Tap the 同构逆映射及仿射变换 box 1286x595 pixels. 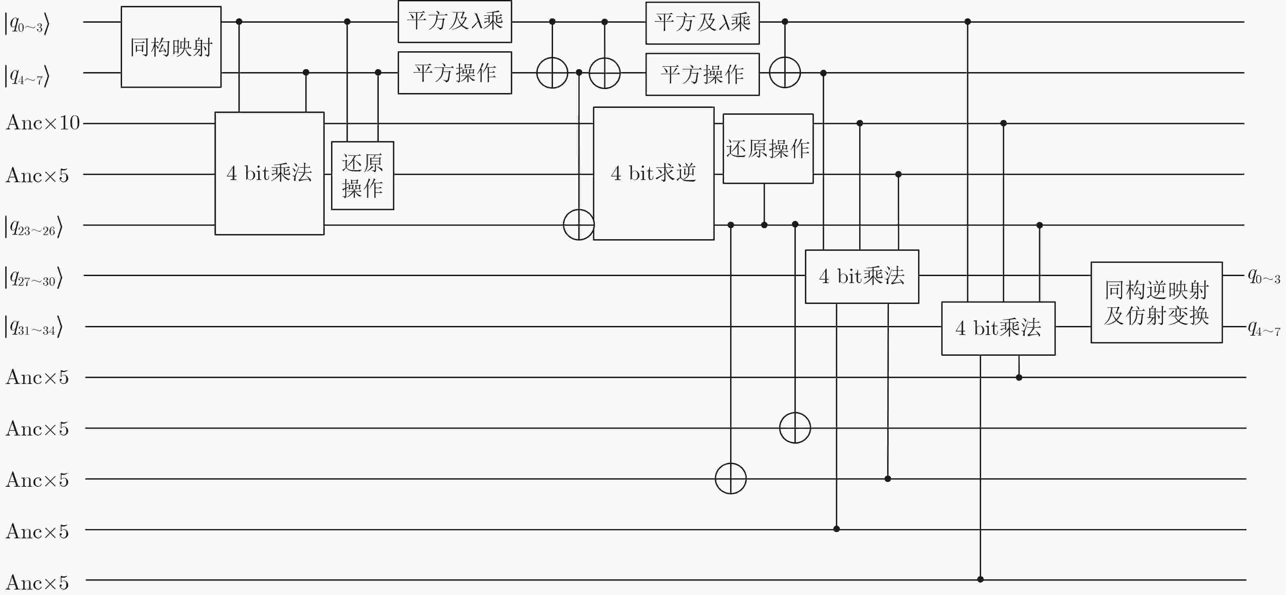(x=1156, y=303)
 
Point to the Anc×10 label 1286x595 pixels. (x=43, y=123)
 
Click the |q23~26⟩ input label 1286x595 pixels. (x=33, y=227)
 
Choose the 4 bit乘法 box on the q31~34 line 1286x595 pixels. (x=998, y=328)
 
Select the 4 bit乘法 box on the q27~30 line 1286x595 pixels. (x=862, y=276)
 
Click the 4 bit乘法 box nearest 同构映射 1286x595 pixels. (x=269, y=173)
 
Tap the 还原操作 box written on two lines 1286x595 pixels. (x=362, y=175)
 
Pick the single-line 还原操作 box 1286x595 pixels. (x=768, y=148)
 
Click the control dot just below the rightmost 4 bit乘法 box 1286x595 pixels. (x=1019, y=377)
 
